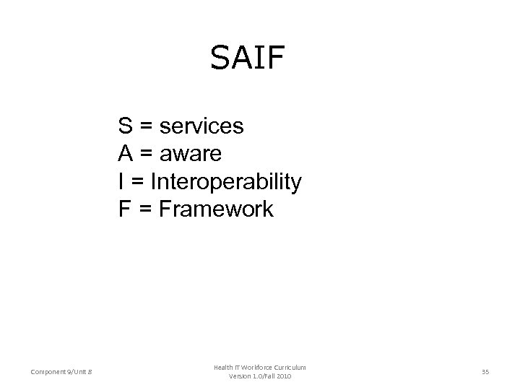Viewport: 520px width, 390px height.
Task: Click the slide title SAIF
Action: coord(248,58)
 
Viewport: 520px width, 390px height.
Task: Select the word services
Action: coord(201,126)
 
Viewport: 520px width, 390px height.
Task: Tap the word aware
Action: coord(192,154)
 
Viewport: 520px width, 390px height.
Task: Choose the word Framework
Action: coord(216,209)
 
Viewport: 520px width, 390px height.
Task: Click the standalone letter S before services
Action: coord(126,126)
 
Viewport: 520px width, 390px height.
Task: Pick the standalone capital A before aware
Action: coord(126,154)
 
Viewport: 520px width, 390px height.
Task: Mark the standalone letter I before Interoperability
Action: coord(122,182)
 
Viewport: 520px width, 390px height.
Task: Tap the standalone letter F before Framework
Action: coord(125,209)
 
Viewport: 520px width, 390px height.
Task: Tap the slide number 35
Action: coord(485,372)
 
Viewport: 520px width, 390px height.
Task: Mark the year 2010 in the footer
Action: coord(284,377)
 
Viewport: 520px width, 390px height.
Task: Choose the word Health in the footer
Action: coord(223,368)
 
